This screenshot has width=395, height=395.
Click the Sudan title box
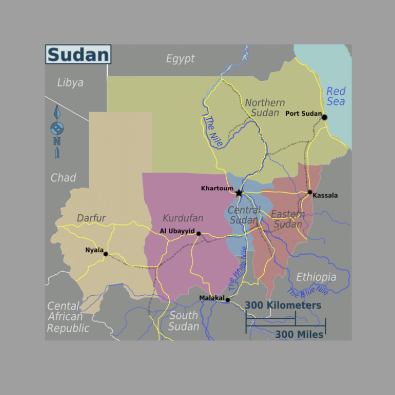tap(78, 55)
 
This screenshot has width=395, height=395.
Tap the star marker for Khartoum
tap(239, 193)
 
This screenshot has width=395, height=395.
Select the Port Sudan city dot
tap(324, 117)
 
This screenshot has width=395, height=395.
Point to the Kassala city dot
tap(310, 192)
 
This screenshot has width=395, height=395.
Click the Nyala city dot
tap(106, 254)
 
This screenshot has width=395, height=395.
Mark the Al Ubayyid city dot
tap(198, 234)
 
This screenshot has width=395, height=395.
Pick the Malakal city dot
tap(227, 300)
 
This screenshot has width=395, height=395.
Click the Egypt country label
tap(180, 59)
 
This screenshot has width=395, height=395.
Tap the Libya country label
tap(70, 83)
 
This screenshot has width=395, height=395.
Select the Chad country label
tap(63, 177)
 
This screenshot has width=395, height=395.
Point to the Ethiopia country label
tap(316, 277)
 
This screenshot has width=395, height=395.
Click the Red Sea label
tap(336, 96)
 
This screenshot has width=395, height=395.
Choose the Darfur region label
tap(91, 218)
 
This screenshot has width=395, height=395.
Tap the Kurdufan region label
tap(183, 218)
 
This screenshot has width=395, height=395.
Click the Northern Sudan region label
tap(265, 107)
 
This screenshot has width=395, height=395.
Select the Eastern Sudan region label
tap(288, 219)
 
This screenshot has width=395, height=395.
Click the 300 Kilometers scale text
tap(283, 305)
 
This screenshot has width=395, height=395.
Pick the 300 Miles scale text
tap(299, 334)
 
